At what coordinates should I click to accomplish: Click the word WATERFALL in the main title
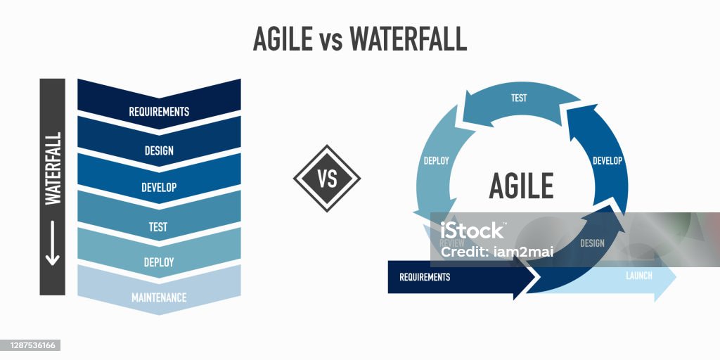409,39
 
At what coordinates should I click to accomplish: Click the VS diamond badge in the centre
327,179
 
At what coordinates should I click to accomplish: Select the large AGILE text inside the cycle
521,186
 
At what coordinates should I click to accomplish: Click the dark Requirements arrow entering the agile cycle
450,277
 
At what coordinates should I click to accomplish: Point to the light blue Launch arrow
640,276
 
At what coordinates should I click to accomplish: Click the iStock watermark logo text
472,231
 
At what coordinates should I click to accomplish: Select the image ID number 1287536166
30,345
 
